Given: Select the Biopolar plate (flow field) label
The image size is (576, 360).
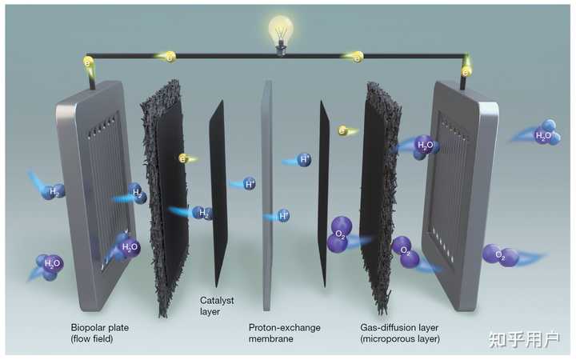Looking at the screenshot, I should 101,333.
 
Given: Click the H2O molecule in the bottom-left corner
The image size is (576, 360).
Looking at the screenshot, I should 50,265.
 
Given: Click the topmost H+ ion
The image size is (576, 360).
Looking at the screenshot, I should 304,160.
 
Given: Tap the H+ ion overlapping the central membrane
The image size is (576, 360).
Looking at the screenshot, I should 282,215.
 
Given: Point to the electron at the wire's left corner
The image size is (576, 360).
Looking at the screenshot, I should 89,62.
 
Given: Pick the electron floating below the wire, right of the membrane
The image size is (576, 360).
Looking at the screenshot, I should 342,130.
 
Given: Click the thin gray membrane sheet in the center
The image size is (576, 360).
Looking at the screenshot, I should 267,200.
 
